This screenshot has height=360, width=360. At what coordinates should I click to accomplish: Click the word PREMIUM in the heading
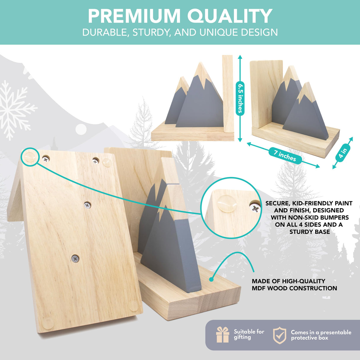[134, 16]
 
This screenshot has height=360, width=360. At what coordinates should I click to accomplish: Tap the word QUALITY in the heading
[230, 16]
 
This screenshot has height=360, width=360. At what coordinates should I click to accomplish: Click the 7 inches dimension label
[285, 156]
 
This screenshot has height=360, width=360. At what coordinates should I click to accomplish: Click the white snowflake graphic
[16, 110]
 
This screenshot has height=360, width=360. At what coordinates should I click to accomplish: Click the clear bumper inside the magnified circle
[227, 204]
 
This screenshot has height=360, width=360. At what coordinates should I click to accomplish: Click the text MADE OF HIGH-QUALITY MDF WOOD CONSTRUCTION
[294, 284]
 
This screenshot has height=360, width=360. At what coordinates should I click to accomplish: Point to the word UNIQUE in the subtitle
[219, 32]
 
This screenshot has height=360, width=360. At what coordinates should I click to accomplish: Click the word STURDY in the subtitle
[152, 33]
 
